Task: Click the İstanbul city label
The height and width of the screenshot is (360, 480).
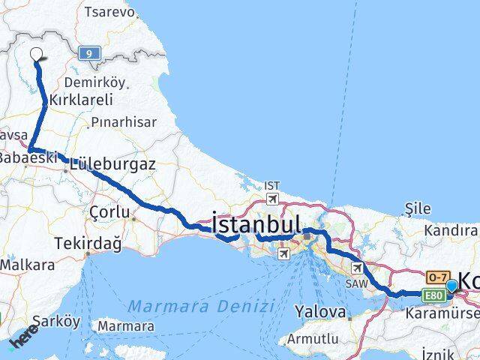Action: click(256, 224)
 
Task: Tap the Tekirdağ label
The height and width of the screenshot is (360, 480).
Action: click(88, 243)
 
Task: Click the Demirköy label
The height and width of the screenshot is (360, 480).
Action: click(94, 82)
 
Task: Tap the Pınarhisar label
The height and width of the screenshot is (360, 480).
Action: click(124, 121)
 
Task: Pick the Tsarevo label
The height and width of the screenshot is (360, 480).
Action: click(110, 13)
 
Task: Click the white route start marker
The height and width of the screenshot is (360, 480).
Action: click(36, 54)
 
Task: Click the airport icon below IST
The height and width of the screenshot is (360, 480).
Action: click(273, 199)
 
